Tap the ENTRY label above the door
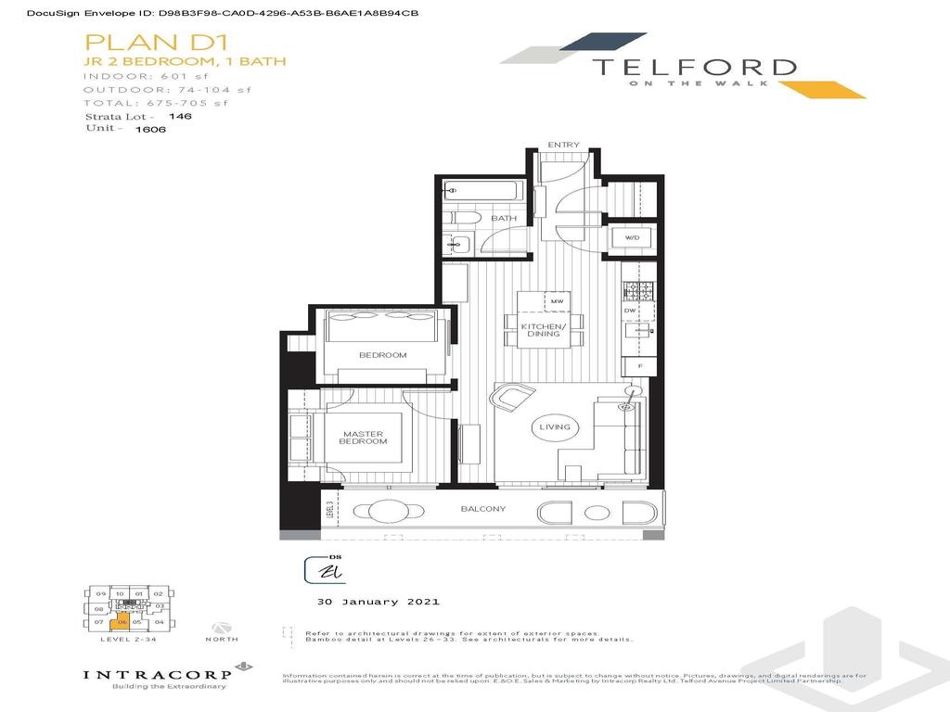[x=563, y=146]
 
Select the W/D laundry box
[x=633, y=238]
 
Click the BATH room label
[x=504, y=219]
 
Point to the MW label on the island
[x=558, y=302]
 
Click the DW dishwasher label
[x=629, y=311]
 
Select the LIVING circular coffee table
[x=555, y=427]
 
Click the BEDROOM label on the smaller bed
[x=382, y=355]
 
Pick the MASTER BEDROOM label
[x=364, y=438]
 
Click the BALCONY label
[x=483, y=509]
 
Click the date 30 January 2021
[x=371, y=602]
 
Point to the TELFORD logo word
[x=694, y=68]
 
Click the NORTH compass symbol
[x=221, y=628]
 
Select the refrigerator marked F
[x=640, y=366]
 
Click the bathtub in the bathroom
[x=481, y=192]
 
